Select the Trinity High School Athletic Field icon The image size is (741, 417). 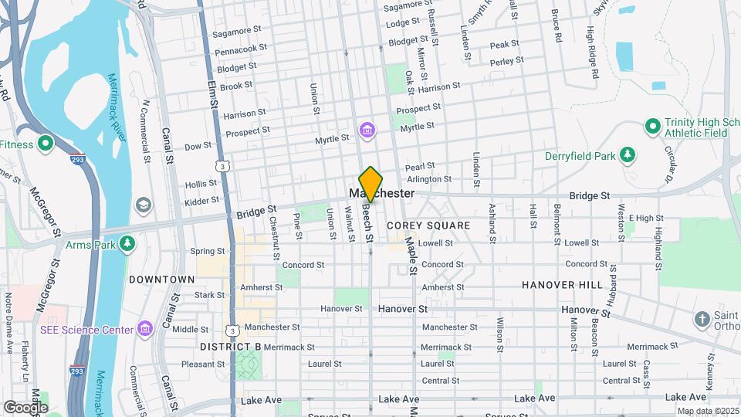[652, 125]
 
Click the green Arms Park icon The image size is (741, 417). [128, 245]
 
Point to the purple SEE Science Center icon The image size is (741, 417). [144, 330]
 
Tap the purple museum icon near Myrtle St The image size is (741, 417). [367, 129]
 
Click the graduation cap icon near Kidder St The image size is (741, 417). [143, 205]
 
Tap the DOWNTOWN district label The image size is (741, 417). [161, 279]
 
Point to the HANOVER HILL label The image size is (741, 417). [562, 285]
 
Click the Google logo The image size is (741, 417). [25, 407]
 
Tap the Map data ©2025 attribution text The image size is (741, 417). [708, 411]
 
